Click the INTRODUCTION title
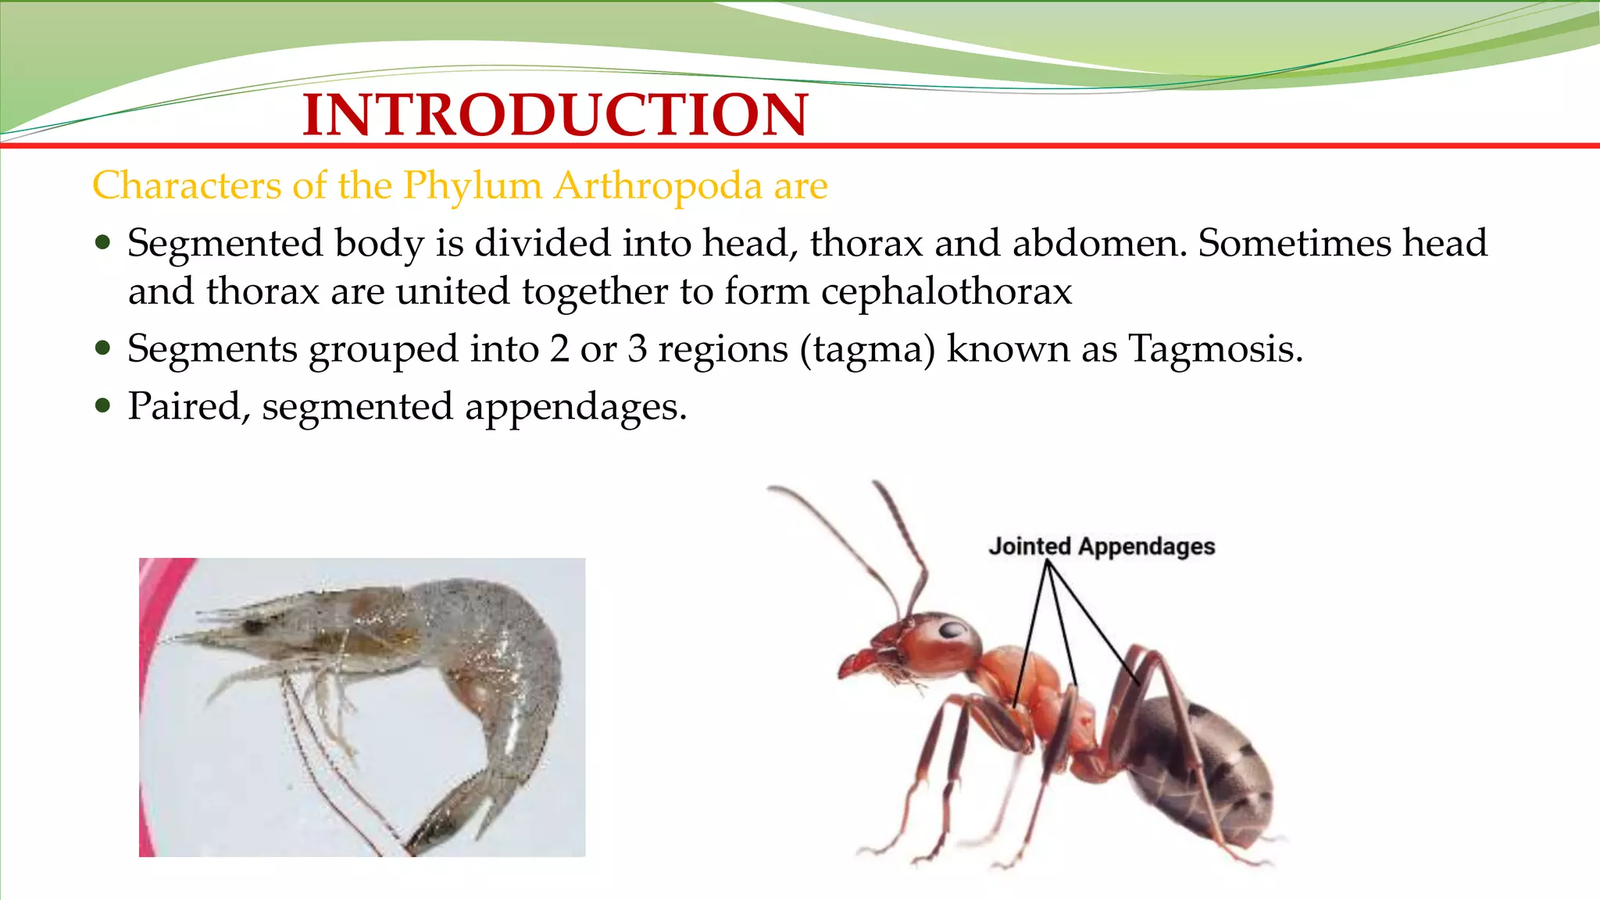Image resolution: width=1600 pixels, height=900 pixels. point(555,115)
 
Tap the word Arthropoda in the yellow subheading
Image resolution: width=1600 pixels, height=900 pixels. point(658,186)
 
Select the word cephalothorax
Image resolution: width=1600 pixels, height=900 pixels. point(946,291)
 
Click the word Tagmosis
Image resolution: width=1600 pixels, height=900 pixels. point(1216,348)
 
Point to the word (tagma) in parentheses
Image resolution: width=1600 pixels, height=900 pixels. point(867,349)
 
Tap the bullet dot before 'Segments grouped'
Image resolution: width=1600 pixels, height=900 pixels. point(103,348)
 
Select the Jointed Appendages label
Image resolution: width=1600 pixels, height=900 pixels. point(1102,546)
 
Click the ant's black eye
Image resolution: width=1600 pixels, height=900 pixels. point(951,630)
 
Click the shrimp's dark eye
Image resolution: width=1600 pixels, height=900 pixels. point(253,625)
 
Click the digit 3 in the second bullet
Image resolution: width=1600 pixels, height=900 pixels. point(637,348)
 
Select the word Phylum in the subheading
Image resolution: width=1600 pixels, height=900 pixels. point(473,186)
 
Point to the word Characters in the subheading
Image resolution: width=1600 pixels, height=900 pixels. point(187,186)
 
